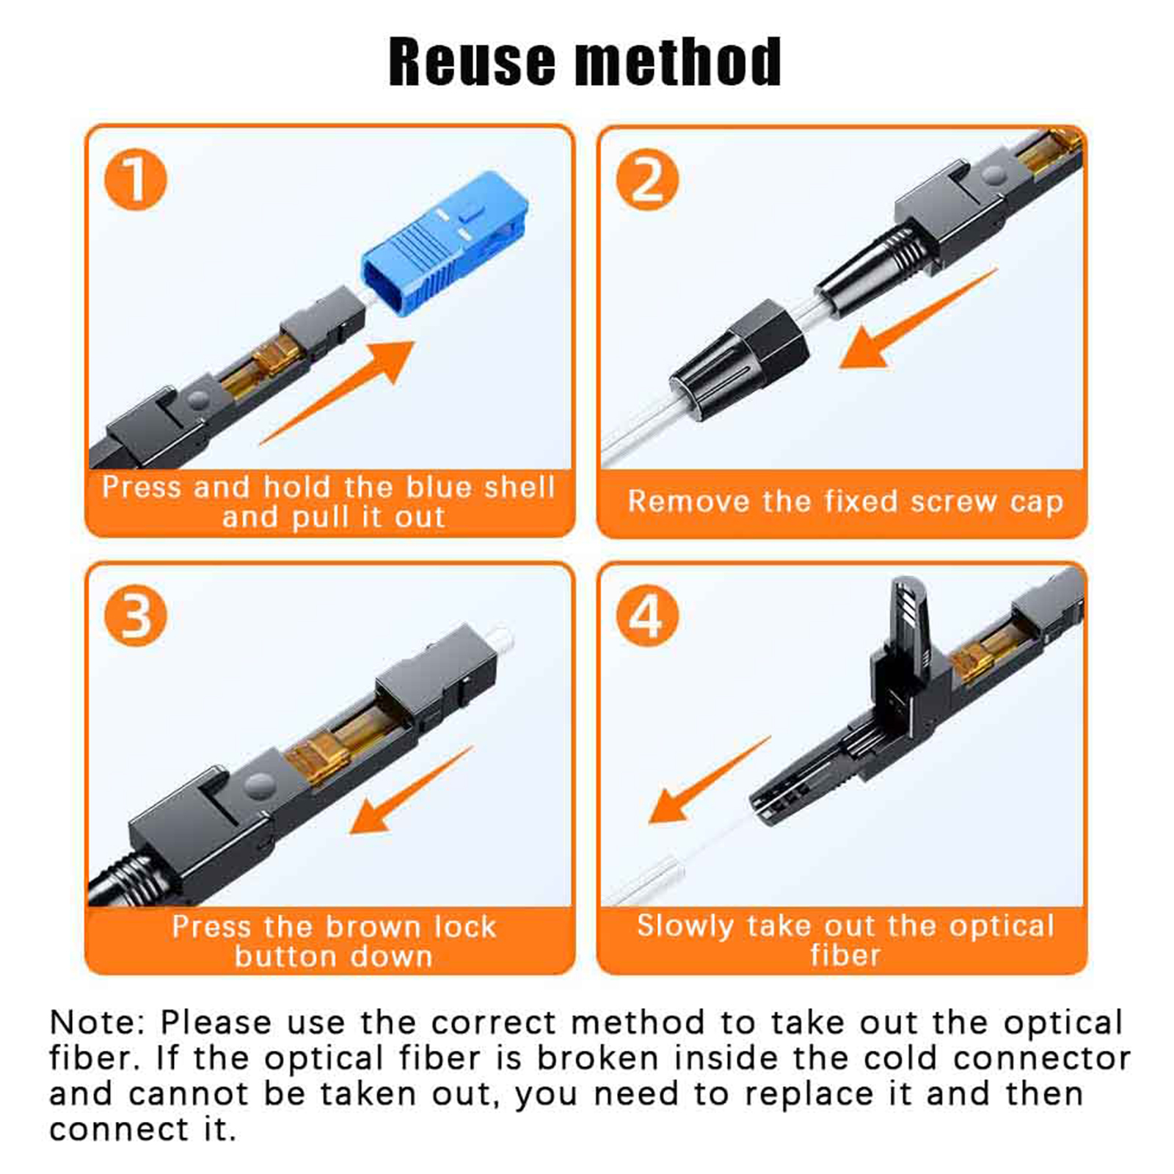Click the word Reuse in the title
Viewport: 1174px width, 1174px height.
[x=472, y=62]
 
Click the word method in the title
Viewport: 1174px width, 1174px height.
[x=678, y=62]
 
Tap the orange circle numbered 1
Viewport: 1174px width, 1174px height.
[x=135, y=179]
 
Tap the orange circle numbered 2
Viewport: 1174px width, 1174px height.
[x=646, y=179]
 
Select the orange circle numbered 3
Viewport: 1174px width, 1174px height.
[x=135, y=616]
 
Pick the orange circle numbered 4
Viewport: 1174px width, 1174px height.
[x=646, y=616]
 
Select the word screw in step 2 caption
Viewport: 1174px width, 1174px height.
[x=953, y=502]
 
